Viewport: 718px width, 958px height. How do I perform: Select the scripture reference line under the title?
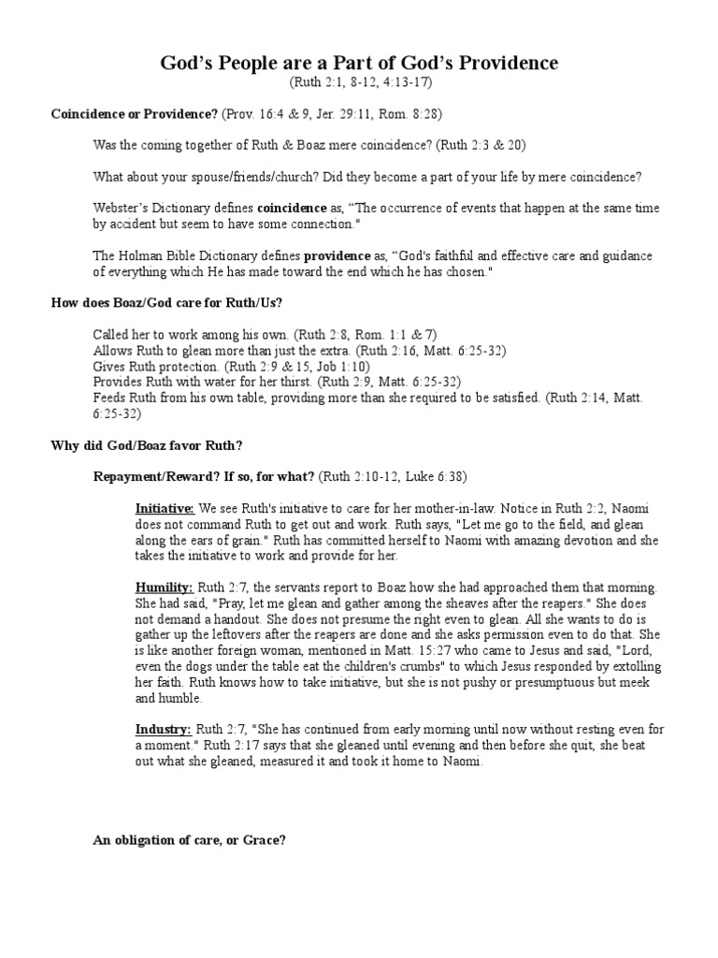359,83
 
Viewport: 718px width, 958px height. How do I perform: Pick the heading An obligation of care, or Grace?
188,840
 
